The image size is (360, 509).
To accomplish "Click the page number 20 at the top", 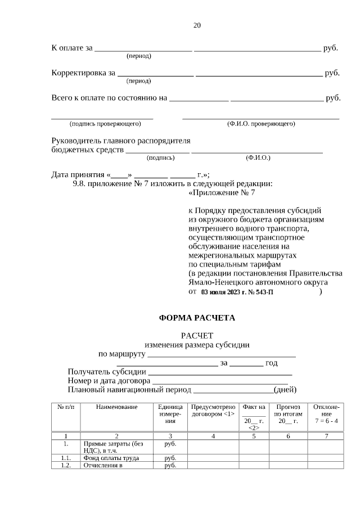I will click(x=197, y=25).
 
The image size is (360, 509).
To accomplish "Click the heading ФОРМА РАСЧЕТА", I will click(x=197, y=318).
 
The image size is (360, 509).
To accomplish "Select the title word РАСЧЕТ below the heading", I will click(x=197, y=335).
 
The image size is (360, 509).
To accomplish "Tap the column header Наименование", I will click(x=116, y=407).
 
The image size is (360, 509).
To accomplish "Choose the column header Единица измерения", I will click(x=170, y=413).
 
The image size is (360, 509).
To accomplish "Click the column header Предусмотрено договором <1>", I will click(x=213, y=410).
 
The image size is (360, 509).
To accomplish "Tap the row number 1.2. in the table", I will click(x=66, y=466).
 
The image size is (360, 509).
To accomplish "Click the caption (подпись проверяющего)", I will click(x=104, y=123).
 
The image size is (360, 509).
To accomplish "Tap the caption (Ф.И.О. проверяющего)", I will click(x=260, y=123).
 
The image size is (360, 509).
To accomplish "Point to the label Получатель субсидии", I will click(x=107, y=372).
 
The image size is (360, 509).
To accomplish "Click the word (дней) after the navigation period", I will click(x=285, y=390).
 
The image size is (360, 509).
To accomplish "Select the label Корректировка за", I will click(x=83, y=73).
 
